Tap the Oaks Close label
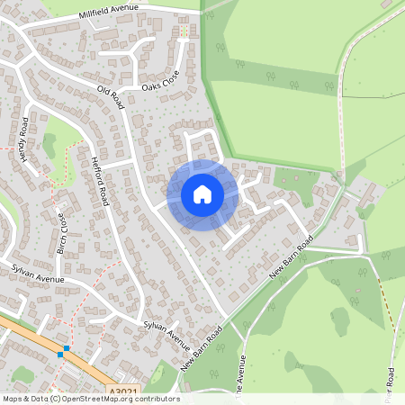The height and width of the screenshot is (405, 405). [x=161, y=81]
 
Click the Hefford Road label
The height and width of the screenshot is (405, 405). [x=99, y=181]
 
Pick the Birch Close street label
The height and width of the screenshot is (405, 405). [x=61, y=233]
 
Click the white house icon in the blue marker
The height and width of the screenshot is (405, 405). [x=202, y=194]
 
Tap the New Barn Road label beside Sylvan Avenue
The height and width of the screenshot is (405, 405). [x=201, y=350]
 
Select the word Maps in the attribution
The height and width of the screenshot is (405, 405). [x=13, y=399]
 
